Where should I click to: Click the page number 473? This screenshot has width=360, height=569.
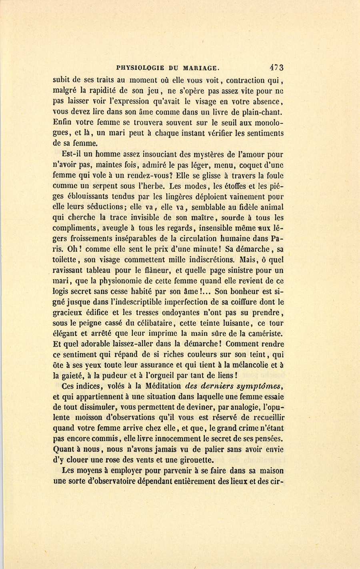pyautogui.click(x=276, y=68)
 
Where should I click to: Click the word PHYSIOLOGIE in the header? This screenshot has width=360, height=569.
pyautogui.click(x=140, y=68)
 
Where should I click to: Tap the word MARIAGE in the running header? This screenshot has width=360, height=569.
pyautogui.click(x=200, y=68)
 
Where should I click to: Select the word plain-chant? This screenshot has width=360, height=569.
pyautogui.click(x=263, y=112)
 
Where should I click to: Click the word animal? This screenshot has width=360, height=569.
pyautogui.click(x=272, y=207)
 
